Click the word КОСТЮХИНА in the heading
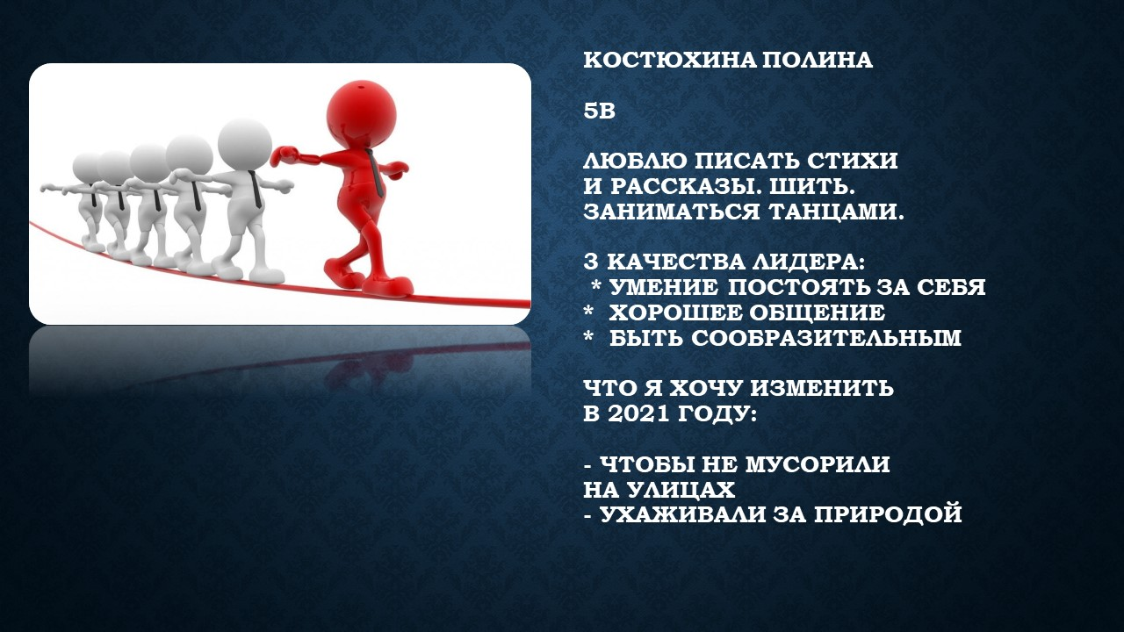coord(669,61)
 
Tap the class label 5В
coord(599,111)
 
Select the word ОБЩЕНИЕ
coord(818,313)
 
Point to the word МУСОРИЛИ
coord(818,464)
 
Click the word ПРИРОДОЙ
coord(888,514)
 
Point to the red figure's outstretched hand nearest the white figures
coord(284,155)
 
